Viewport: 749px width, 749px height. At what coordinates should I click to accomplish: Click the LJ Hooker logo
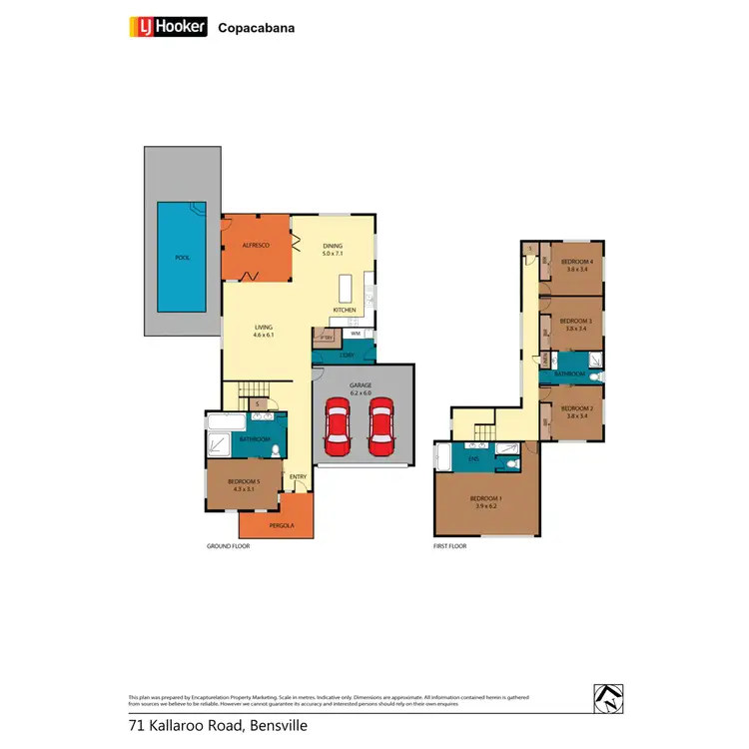[x=168, y=27]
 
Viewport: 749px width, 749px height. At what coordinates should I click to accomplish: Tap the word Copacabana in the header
[x=256, y=28]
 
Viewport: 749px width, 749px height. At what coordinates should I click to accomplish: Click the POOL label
[x=182, y=257]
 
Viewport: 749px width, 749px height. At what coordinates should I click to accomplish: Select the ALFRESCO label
[x=256, y=245]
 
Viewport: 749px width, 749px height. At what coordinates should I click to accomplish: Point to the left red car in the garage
[x=339, y=428]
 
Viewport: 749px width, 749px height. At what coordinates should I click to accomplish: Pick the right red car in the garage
[x=380, y=428]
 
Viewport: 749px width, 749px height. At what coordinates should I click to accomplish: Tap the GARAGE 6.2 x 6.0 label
[x=361, y=390]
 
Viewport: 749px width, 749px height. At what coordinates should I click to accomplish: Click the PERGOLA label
[x=276, y=525]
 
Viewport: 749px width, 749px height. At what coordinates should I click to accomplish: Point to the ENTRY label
[x=298, y=477]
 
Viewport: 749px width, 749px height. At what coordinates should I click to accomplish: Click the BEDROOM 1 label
[x=486, y=502]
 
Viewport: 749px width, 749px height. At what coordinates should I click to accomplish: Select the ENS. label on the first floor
[x=473, y=460]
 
